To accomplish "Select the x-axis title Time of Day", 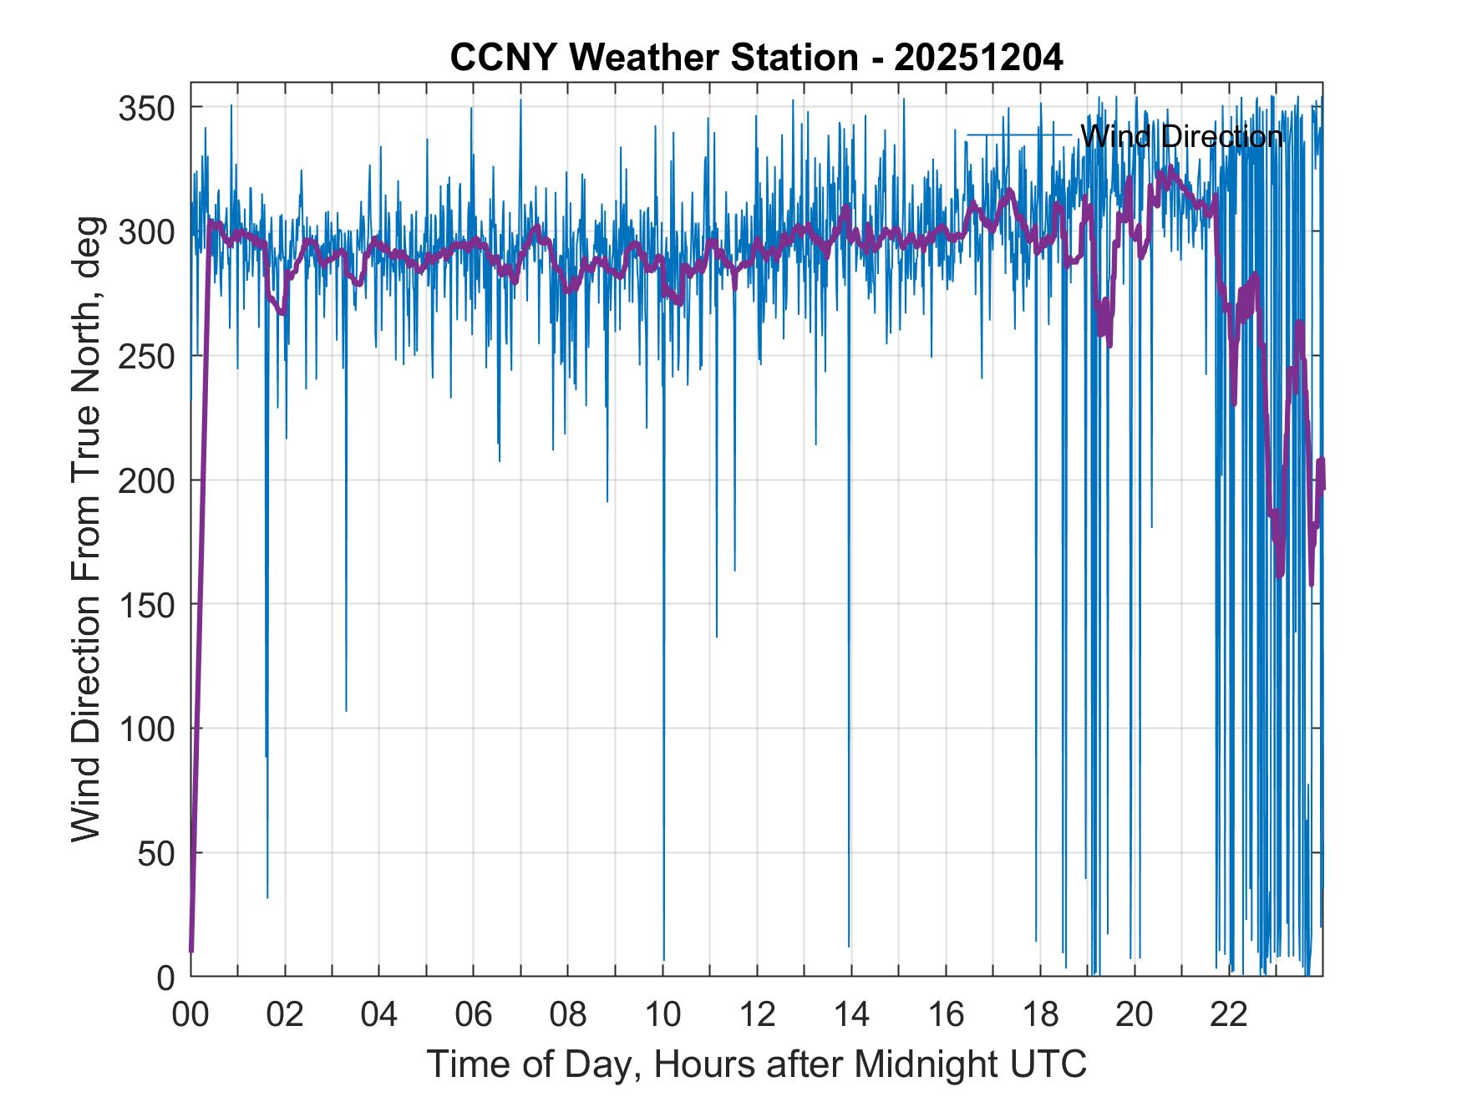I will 756,1064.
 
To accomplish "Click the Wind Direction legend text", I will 1181,135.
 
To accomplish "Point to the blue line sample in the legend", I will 1019,135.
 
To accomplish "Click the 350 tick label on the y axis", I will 147,108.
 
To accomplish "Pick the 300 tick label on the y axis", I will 147,232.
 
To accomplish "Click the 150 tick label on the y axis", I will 147,605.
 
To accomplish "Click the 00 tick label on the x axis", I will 190,1015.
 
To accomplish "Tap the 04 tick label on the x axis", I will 379,1015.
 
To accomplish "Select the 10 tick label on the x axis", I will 662,1015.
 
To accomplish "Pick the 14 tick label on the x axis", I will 851,1015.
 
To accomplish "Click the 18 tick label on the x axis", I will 1040,1015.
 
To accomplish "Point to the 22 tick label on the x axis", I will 1229,1015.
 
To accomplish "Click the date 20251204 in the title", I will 978,58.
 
